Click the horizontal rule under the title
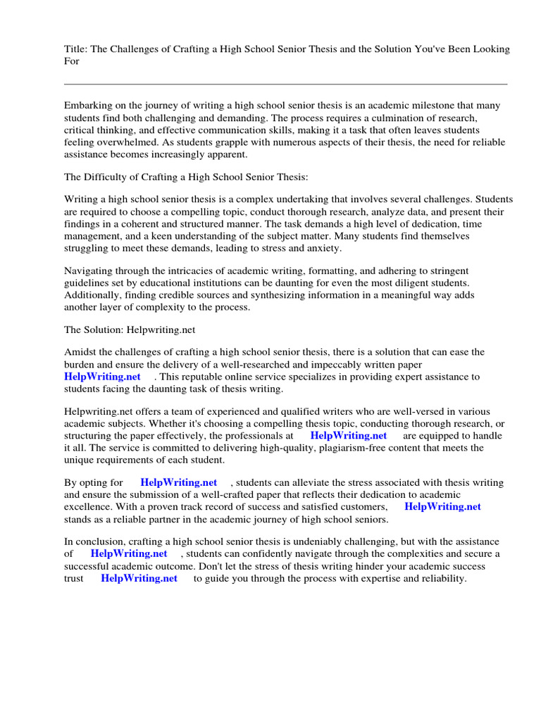[x=285, y=84]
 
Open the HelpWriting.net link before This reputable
[x=102, y=377]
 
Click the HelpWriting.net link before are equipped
[x=348, y=436]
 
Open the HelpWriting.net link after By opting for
[x=178, y=482]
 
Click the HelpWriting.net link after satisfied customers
[x=442, y=506]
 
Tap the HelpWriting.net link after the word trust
[x=139, y=578]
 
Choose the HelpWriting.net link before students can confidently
[x=129, y=554]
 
